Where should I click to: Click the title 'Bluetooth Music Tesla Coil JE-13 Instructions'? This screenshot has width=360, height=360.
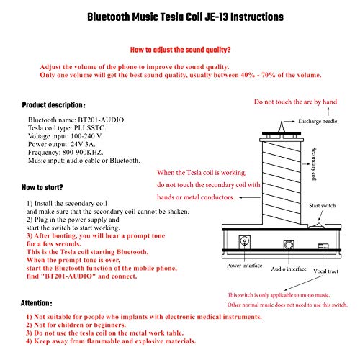coord(185,17)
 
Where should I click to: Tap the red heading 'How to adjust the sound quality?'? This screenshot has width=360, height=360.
coord(180,50)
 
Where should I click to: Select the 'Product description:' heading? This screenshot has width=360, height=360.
coord(53,105)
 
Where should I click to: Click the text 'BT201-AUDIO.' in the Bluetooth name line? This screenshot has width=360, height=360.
coord(102,120)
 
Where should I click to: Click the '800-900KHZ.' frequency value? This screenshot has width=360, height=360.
coord(83,153)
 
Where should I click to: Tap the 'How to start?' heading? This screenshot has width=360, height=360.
coord(42,187)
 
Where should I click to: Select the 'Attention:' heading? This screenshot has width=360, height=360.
coord(36,303)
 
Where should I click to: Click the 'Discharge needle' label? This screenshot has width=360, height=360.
coord(318,121)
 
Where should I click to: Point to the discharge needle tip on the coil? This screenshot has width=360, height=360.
coord(282,122)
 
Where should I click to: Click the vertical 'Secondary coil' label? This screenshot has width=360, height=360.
coord(314,163)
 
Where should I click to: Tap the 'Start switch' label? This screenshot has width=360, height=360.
coord(323,205)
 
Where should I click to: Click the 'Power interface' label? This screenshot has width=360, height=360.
coord(244,266)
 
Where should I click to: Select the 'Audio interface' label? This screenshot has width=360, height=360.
coord(289,269)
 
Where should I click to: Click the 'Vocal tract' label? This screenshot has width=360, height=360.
coord(325,271)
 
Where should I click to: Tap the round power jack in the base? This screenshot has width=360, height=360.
coord(245,240)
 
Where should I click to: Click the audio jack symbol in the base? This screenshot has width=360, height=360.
coord(289,245)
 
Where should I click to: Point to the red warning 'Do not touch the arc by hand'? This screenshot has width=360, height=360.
coord(295,102)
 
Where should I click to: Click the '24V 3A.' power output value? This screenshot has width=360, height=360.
coord(83,144)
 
